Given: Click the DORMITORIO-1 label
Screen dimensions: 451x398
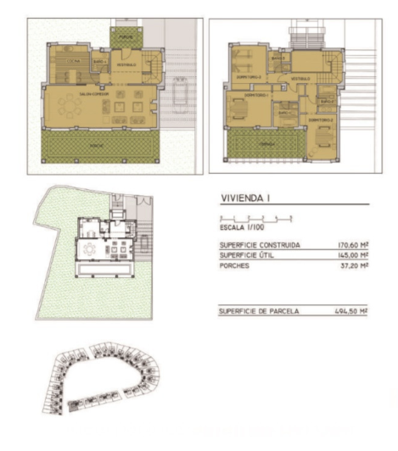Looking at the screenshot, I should pyautogui.click(x=257, y=96).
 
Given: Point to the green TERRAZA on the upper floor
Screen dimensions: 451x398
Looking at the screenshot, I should pyautogui.click(x=268, y=145).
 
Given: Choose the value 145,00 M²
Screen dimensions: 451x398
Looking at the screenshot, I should pyautogui.click(x=350, y=254).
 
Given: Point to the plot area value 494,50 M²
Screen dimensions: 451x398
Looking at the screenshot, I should pyautogui.click(x=350, y=310).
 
